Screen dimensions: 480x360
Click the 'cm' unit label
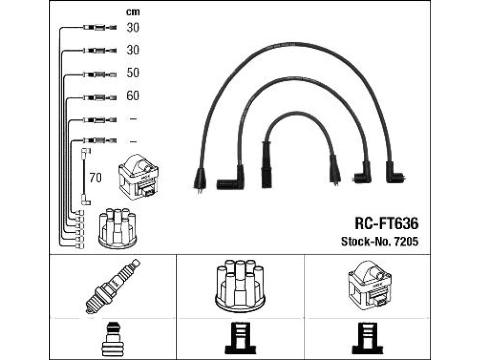[133, 12]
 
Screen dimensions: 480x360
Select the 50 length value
[133, 73]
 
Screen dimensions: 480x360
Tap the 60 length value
[133, 96]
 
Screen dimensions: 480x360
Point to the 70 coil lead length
[95, 178]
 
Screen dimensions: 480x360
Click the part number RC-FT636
[386, 224]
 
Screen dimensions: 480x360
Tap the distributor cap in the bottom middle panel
[240, 285]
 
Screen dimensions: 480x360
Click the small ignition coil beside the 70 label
[138, 177]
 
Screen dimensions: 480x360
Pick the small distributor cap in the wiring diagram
[118, 228]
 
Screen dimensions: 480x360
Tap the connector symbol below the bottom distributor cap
[240, 338]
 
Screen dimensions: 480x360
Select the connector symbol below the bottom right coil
[367, 338]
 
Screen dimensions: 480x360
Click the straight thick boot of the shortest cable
[267, 164]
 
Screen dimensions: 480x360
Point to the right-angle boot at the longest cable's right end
[394, 173]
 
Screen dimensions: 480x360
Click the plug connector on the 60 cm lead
[100, 97]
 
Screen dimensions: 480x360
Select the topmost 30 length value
[133, 28]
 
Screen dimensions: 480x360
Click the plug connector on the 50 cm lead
[100, 75]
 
